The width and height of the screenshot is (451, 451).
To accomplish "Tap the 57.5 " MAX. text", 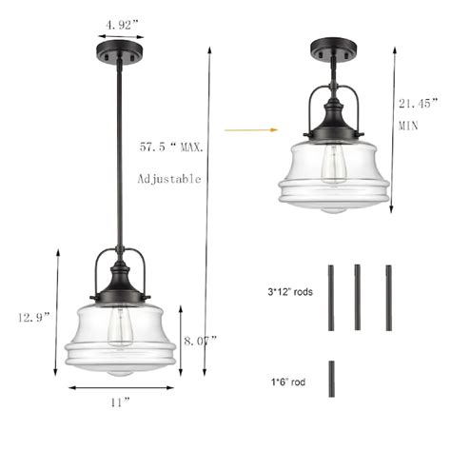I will tap(171, 147).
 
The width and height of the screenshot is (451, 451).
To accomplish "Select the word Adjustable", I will tap(170, 179).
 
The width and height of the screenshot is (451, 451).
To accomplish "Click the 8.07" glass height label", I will tap(200, 339).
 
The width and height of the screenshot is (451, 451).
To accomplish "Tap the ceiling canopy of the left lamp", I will tap(121, 53).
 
